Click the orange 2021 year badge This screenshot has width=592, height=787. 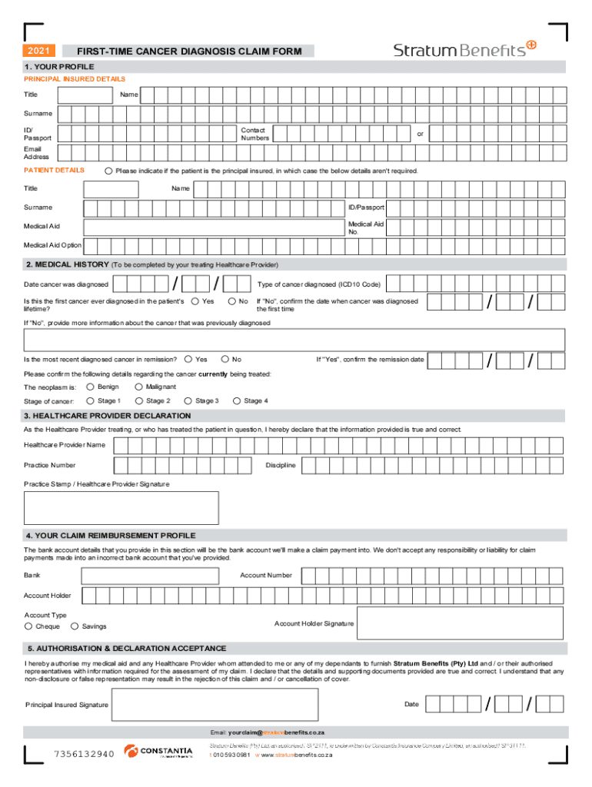(38, 51)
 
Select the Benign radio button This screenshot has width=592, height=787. (90, 387)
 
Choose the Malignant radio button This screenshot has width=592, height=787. (138, 387)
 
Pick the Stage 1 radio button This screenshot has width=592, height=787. (90, 400)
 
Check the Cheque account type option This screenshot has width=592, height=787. (28, 626)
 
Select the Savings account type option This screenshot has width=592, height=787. (75, 626)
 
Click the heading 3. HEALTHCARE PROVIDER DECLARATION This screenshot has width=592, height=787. (108, 416)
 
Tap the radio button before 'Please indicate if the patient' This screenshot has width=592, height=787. (108, 171)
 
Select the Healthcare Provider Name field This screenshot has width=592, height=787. (338, 445)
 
